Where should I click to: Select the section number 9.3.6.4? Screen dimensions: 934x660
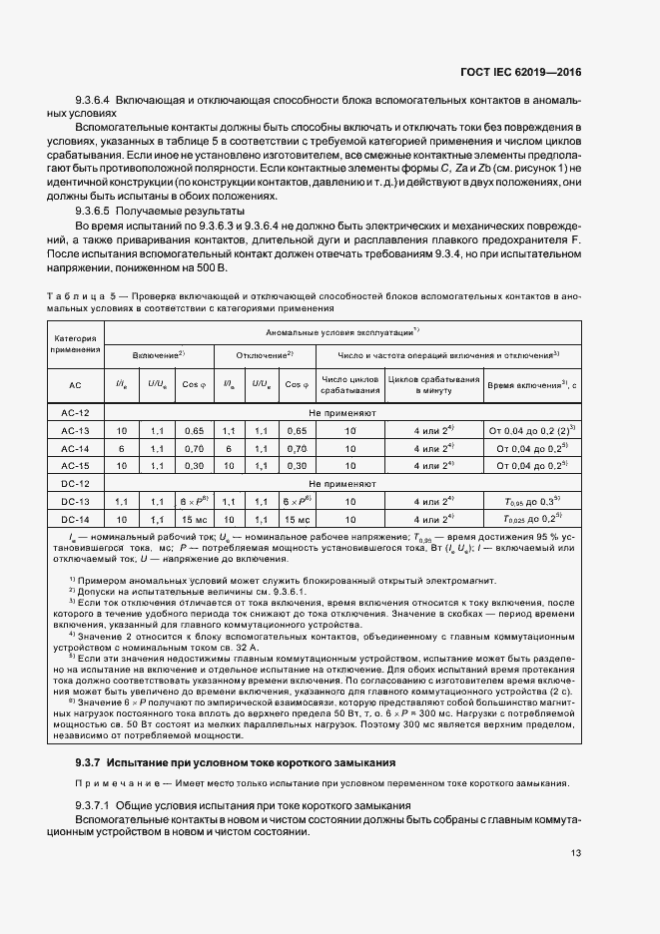96,103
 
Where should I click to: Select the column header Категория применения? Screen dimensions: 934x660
75,344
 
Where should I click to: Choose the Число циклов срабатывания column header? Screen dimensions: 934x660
349,384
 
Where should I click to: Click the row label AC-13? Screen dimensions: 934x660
75,430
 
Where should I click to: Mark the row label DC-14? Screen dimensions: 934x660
75,519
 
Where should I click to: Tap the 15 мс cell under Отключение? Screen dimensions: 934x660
296,519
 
